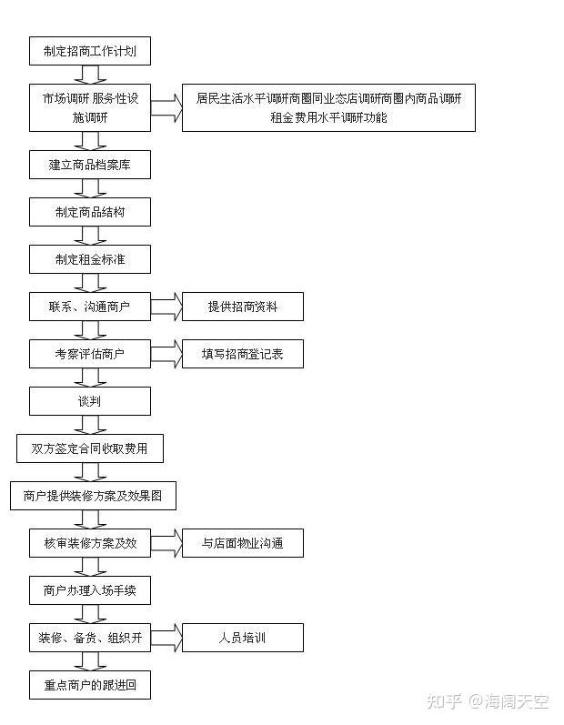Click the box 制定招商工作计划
[x=90, y=51]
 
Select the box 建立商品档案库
[x=90, y=165]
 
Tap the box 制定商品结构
[x=90, y=212]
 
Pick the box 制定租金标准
[x=90, y=259]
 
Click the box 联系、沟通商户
[x=90, y=307]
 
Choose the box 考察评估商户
[x=90, y=354]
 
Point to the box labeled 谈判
[x=90, y=401]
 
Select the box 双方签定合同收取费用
[x=90, y=448]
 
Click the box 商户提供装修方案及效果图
[x=93, y=496]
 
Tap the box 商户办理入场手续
[x=90, y=590]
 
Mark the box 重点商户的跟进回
[x=90, y=685]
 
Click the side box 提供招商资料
[x=243, y=307]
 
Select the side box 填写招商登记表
[x=243, y=354]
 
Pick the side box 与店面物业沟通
[x=243, y=543]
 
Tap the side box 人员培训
[x=243, y=638]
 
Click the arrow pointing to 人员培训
[x=166, y=638]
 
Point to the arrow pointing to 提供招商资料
[x=166, y=307]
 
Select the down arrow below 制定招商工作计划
[x=90, y=75]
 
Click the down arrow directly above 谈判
[x=90, y=378]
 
